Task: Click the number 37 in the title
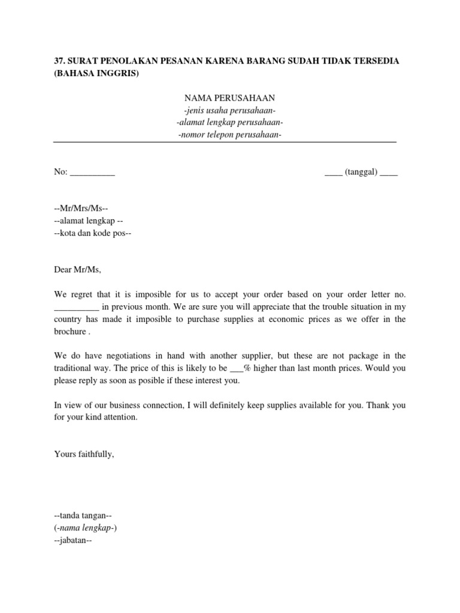[59, 62]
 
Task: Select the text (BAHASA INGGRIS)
[96, 74]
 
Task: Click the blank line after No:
[92, 172]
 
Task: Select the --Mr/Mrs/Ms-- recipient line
[80, 209]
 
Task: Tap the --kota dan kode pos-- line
[92, 233]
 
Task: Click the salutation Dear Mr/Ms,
[78, 270]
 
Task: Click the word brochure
[70, 331]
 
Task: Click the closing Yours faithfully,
[84, 454]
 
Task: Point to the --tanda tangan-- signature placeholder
[83, 515]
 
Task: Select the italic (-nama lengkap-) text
[87, 527]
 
